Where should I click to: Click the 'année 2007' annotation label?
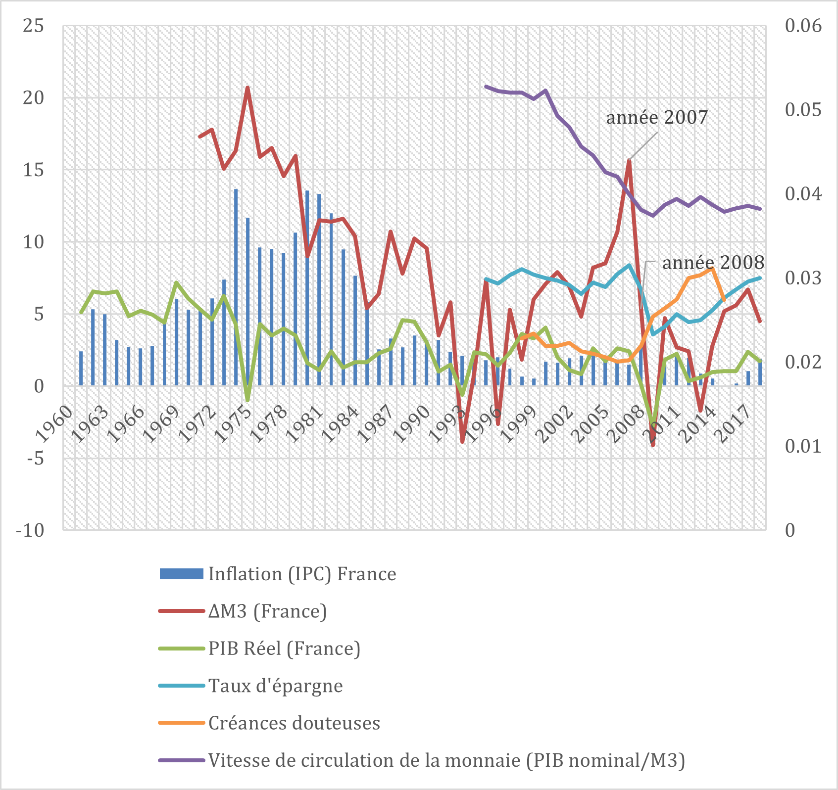pyautogui.click(x=657, y=118)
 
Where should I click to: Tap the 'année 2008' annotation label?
pyautogui.click(x=713, y=263)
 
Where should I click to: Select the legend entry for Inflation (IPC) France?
pyautogui.click(x=302, y=574)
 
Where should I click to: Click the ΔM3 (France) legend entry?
pyautogui.click(x=267, y=611)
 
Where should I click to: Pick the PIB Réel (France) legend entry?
pyautogui.click(x=284, y=649)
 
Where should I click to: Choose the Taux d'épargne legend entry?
pyautogui.click(x=275, y=686)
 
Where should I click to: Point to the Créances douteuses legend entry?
pyautogui.click(x=294, y=723)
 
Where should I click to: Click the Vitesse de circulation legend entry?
pyautogui.click(x=446, y=760)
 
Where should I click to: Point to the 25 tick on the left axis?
pyautogui.click(x=33, y=26)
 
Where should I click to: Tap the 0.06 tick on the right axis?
pyautogui.click(x=803, y=26)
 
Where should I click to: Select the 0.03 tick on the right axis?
pyautogui.click(x=803, y=278)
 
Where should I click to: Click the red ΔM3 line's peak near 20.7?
pyautogui.click(x=247, y=88)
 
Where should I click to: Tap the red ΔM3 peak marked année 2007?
pyautogui.click(x=629, y=160)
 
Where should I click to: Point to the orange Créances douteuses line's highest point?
pyautogui.click(x=712, y=269)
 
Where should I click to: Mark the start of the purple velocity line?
pyautogui.click(x=486, y=86)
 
